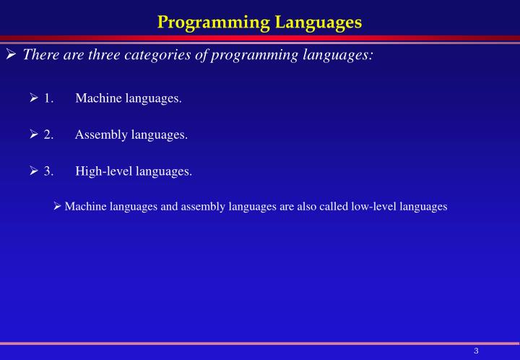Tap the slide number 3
(x=477, y=351)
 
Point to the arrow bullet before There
(x=11, y=55)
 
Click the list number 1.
(x=48, y=98)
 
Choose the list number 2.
(x=48, y=134)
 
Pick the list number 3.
(x=48, y=171)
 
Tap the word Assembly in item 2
(x=99, y=134)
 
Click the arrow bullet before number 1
(x=34, y=98)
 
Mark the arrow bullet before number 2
(x=34, y=134)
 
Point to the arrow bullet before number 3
(x=34, y=171)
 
